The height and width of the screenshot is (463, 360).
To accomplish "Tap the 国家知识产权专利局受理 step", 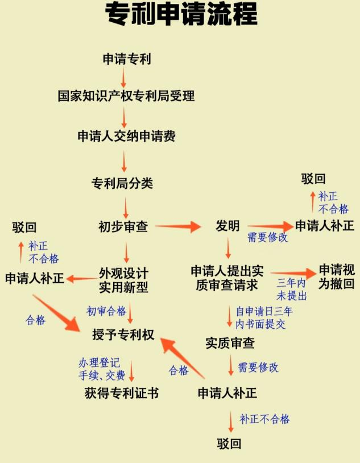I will click(x=126, y=96).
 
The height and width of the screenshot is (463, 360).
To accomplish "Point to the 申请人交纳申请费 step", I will click(x=126, y=137).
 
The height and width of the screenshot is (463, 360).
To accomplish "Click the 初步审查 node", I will click(x=123, y=226).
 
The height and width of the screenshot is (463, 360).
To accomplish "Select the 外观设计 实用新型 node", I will click(x=123, y=280).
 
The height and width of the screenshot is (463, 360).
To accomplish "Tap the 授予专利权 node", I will click(x=123, y=334).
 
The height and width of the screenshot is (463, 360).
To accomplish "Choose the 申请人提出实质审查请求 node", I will click(x=227, y=278).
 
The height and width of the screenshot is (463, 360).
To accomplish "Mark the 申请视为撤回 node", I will click(x=337, y=276).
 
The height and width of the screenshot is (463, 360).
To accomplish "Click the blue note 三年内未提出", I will click(x=292, y=290).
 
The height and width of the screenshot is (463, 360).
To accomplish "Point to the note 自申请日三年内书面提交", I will click(x=264, y=318).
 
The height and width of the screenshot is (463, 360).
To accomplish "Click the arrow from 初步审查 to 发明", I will click(x=178, y=227).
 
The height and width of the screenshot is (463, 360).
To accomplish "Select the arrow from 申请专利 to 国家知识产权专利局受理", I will click(x=123, y=77).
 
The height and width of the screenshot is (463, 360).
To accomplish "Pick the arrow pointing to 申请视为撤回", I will click(x=292, y=274).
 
